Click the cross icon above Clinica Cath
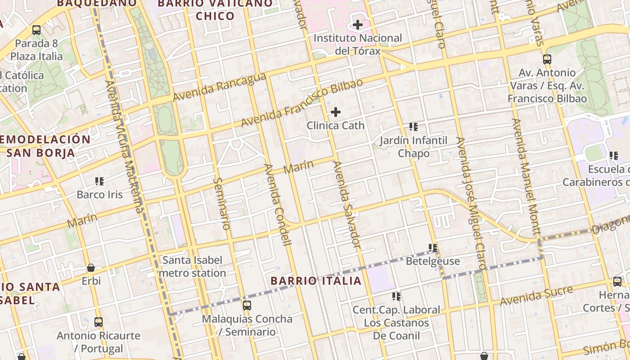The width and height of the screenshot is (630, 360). (336, 112)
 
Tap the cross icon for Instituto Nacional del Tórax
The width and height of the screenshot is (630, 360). (358, 25)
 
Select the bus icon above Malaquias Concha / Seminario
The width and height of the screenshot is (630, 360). (247, 306)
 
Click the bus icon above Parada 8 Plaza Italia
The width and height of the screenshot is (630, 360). (36, 30)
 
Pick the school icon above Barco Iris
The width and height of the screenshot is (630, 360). (99, 181)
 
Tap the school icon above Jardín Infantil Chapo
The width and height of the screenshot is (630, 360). (414, 127)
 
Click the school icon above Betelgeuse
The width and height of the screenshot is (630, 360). (433, 248)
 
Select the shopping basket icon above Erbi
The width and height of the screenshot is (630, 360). (91, 268)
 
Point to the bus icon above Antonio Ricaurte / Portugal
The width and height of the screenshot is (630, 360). (99, 322)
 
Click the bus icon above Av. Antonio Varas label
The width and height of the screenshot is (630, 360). (547, 59)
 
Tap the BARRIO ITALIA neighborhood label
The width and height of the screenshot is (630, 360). (316, 281)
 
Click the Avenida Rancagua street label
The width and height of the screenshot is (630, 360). (220, 87)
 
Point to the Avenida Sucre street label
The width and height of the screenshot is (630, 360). (537, 295)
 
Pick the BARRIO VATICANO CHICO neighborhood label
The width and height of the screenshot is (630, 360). (215, 9)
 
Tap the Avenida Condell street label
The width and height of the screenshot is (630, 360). (278, 205)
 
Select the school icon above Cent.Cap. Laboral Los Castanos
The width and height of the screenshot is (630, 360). (396, 296)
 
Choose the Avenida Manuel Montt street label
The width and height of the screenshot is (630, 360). (526, 177)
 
